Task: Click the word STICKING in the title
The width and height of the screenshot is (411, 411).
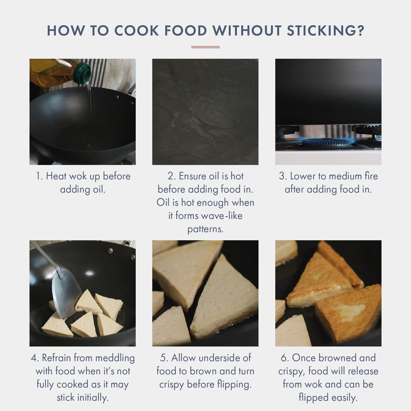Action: (326, 31)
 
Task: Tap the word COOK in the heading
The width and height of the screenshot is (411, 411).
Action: (136, 31)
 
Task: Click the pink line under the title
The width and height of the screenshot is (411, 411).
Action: (205, 47)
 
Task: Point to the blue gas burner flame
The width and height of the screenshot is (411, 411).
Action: (328, 142)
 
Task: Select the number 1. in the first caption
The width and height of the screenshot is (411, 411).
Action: (39, 176)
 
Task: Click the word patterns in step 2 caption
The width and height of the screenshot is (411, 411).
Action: (205, 229)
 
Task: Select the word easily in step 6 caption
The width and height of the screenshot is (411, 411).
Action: (344, 398)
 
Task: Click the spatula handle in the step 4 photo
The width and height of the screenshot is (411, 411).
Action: (45, 257)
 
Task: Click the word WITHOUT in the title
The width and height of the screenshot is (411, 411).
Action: (247, 31)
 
